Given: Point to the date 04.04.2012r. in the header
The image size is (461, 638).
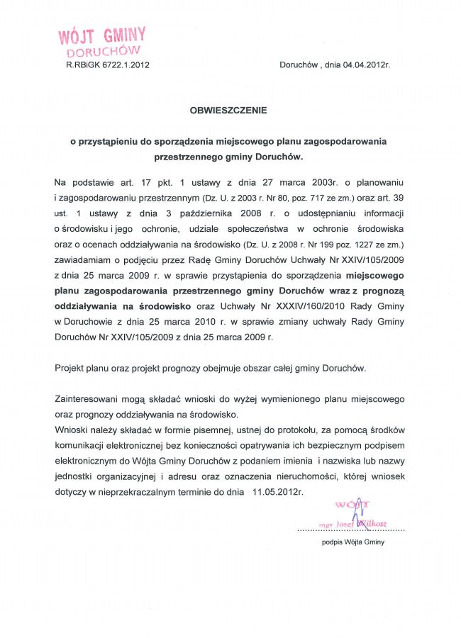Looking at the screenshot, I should click(367, 65).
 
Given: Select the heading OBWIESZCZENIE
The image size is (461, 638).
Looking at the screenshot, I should click(229, 110).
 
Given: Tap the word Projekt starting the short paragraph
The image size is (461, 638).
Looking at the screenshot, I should click(70, 368).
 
